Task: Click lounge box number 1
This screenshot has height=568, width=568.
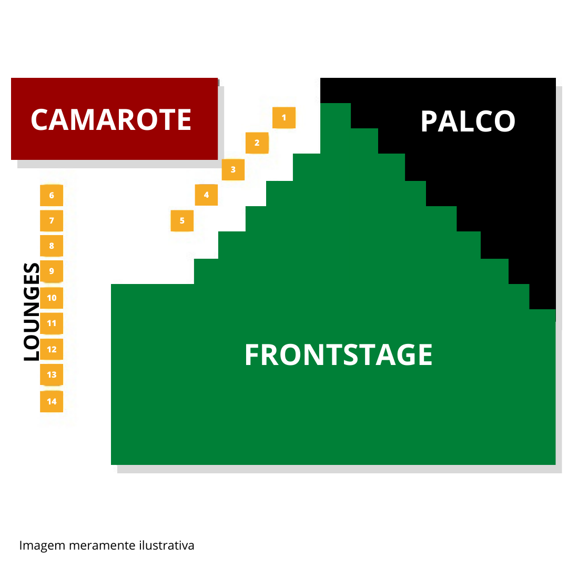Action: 284,117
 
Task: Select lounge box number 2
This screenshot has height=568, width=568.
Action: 257,143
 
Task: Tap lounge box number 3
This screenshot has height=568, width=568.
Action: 233,170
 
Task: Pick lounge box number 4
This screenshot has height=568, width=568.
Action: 206,195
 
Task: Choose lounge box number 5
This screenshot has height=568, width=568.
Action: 182,220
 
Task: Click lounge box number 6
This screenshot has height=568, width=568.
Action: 52,195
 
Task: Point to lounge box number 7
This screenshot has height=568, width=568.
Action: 52,220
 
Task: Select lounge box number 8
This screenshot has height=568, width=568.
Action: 52,246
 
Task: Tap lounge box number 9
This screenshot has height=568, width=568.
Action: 52,271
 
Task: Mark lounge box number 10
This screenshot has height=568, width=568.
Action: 52,298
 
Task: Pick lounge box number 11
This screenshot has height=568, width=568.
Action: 52,323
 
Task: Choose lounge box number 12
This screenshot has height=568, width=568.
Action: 52,349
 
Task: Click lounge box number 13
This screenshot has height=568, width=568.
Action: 52,374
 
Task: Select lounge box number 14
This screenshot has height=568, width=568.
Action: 52,401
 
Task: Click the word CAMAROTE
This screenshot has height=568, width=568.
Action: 111,120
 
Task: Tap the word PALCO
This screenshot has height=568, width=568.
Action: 468,122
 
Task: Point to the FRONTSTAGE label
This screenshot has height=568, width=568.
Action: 338,355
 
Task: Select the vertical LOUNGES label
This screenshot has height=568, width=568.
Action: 32,312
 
